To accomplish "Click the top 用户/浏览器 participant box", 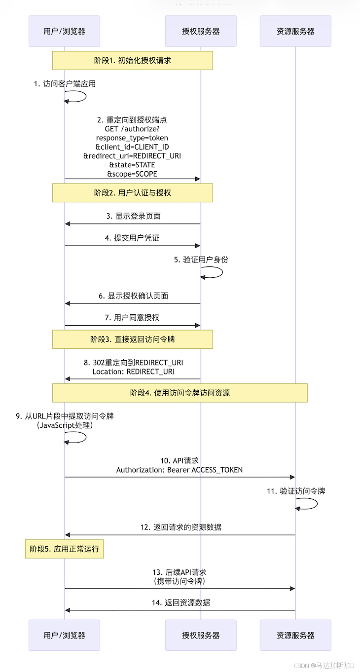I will (64, 31).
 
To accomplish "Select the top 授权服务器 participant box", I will (200, 31).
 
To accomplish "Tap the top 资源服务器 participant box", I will (295, 31).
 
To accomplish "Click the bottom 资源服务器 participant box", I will (295, 635).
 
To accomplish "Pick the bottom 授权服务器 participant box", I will (200, 635).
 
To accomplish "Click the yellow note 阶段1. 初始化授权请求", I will (132, 60).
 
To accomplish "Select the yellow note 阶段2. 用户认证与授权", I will (132, 193).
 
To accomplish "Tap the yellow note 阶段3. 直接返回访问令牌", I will (132, 339).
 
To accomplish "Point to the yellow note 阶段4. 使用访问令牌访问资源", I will (180, 393).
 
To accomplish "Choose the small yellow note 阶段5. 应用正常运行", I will (64, 549).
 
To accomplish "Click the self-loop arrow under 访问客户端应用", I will (79, 97).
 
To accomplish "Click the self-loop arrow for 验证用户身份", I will (215, 272).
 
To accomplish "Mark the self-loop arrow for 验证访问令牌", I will (310, 504).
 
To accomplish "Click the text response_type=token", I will (132, 138).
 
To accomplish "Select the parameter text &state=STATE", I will (132, 165).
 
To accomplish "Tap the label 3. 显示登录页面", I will (133, 216).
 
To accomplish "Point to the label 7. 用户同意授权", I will (133, 317).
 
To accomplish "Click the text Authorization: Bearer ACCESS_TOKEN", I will (180, 470).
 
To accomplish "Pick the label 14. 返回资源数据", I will (180, 602).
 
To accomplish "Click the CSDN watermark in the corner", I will (324, 665).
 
